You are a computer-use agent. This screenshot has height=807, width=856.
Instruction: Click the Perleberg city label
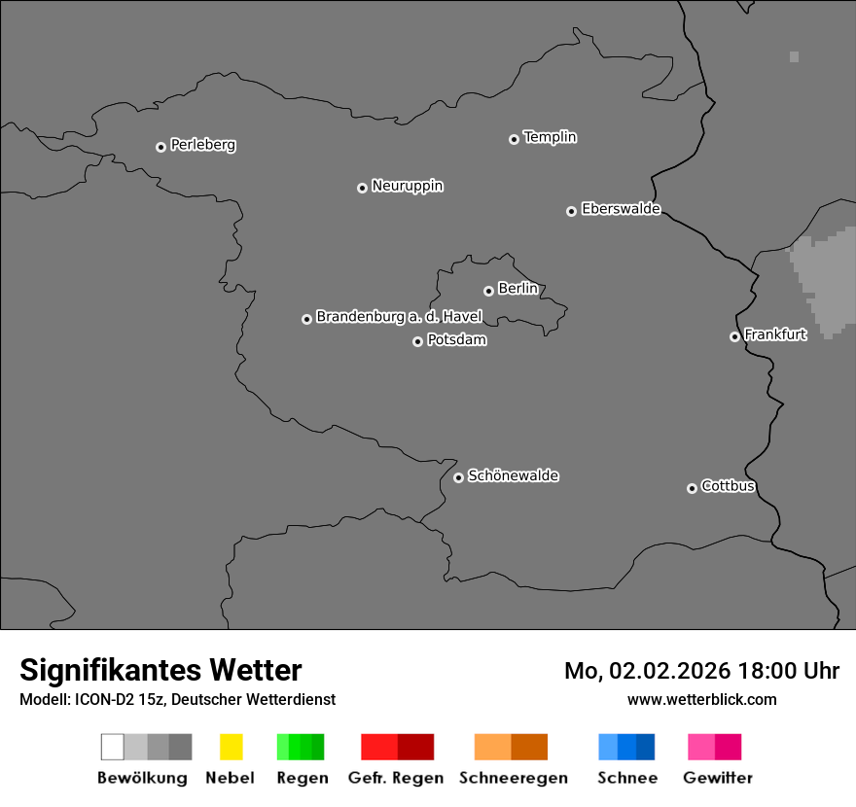(x=202, y=145)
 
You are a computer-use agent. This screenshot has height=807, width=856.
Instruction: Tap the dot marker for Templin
(x=514, y=139)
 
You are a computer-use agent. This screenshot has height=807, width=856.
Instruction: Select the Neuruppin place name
(x=407, y=186)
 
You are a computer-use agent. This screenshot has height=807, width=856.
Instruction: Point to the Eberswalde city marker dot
(x=571, y=211)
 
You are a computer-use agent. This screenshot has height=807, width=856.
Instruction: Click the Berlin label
(x=517, y=289)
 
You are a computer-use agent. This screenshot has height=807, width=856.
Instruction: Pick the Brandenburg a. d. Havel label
(x=399, y=317)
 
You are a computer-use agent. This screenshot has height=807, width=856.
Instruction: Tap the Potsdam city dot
(x=417, y=341)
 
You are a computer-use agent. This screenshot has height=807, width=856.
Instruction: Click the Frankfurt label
(x=775, y=334)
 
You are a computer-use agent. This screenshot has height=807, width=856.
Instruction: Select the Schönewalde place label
(x=513, y=475)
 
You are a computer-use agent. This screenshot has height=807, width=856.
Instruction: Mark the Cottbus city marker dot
(x=692, y=488)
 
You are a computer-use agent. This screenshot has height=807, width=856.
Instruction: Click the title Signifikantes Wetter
(x=160, y=670)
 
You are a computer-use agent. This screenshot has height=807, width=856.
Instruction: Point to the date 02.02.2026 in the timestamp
(x=669, y=671)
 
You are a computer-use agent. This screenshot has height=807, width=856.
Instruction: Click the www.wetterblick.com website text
(x=701, y=699)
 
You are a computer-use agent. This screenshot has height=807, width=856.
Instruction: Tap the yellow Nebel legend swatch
(x=231, y=747)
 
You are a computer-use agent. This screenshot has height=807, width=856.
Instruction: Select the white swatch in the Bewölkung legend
(x=113, y=747)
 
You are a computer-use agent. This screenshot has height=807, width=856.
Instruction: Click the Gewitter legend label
(x=717, y=778)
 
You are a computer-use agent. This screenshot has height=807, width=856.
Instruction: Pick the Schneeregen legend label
(x=513, y=778)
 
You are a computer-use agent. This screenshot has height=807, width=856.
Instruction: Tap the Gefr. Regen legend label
(x=395, y=778)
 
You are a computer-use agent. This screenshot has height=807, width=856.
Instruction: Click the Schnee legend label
(x=626, y=778)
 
